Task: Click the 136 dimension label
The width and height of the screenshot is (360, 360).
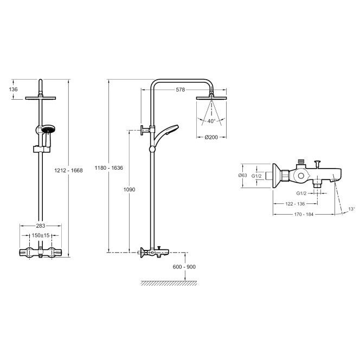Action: click(14, 89)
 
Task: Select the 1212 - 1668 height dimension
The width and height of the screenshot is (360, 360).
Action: click(68, 170)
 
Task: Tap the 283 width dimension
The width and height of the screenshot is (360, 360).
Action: click(41, 226)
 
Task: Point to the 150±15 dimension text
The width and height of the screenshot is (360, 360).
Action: click(41, 235)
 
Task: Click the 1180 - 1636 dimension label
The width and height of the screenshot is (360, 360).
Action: click(109, 168)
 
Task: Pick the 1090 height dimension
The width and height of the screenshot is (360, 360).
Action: click(129, 189)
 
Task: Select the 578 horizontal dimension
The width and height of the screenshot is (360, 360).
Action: click(180, 89)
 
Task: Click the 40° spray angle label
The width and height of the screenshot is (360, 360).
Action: click(211, 121)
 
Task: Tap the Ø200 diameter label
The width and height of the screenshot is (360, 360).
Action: click(211, 137)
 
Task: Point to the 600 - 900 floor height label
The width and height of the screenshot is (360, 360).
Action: click(184, 267)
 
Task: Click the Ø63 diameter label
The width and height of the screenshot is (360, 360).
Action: click(243, 176)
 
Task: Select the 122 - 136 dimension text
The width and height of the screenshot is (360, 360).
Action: click(295, 204)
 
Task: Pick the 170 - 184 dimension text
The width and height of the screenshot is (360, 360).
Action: click(304, 214)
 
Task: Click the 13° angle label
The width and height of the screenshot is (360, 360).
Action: click(351, 209)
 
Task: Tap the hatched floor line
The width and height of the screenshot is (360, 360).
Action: click(169, 283)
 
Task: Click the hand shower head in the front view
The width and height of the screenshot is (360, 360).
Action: click(48, 129)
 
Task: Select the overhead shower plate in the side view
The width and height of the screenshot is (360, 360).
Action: click(211, 98)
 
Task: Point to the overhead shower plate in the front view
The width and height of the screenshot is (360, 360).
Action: click(41, 98)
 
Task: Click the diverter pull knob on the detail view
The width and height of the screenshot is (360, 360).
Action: click(318, 164)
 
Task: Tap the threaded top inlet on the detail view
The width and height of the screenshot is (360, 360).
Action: click(301, 161)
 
